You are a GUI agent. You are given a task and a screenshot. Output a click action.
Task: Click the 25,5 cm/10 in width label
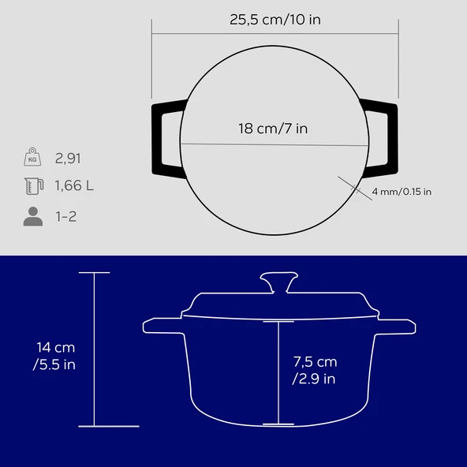[275, 20]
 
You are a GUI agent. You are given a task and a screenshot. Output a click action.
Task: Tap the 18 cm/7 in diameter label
[273, 129]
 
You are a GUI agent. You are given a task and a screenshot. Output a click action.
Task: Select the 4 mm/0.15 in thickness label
[402, 192]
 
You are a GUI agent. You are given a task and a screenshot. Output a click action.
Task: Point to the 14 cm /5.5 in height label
[54, 356]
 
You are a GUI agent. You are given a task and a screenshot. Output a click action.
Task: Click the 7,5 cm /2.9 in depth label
[315, 370]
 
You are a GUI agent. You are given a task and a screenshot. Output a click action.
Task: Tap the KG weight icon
[32, 157]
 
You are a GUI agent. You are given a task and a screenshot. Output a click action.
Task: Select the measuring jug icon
[34, 186]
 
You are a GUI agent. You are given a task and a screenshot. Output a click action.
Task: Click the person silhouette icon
[33, 216]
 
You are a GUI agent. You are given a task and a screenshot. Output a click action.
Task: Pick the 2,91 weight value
[68, 158]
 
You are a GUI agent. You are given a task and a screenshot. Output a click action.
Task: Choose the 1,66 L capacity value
[74, 185]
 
